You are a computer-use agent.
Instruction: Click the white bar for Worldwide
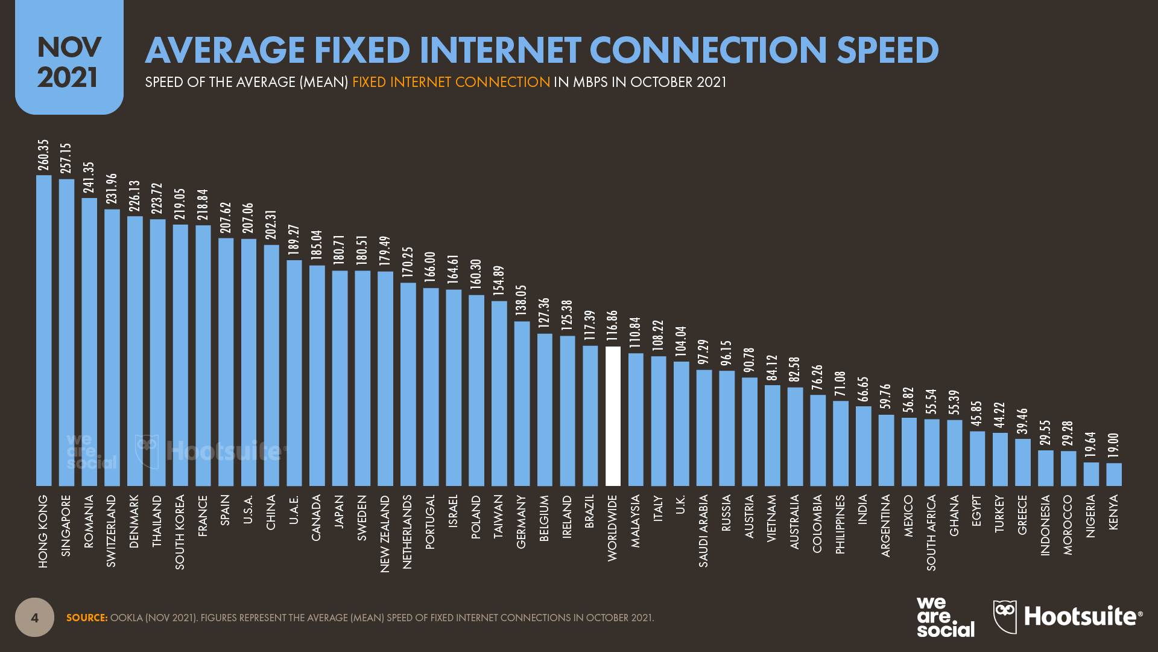click(x=613, y=417)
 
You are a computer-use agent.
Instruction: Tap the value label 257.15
click(x=66, y=158)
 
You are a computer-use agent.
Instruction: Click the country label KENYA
click(x=1114, y=513)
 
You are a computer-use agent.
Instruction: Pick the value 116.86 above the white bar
click(x=613, y=326)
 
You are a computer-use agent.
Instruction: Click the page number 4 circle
click(x=34, y=617)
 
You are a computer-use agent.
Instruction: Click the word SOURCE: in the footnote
click(x=87, y=618)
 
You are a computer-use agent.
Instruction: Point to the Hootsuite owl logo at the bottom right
click(x=1005, y=616)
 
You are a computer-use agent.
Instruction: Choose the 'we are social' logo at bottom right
click(x=945, y=616)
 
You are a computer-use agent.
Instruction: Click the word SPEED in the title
click(x=887, y=50)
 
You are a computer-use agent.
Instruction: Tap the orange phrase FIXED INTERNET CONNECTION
click(x=451, y=82)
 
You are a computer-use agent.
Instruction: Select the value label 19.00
click(x=1114, y=447)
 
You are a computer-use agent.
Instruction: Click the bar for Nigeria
click(x=1091, y=474)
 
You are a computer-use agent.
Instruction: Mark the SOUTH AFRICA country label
click(x=932, y=532)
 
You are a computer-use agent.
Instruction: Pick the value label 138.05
click(x=522, y=300)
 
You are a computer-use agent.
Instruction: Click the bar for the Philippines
click(x=841, y=443)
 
